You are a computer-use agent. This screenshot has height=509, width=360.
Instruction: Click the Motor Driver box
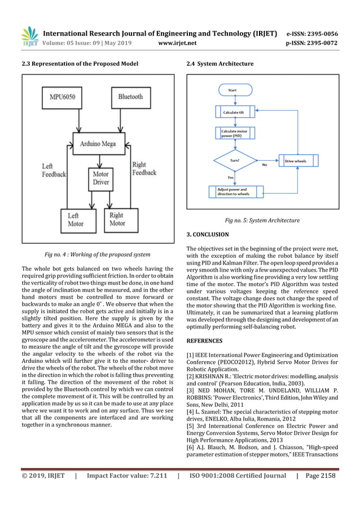pos(101,179)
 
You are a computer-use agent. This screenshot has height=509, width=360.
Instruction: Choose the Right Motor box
pos(117,219)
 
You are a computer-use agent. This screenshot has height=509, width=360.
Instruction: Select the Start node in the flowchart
pos(232,90)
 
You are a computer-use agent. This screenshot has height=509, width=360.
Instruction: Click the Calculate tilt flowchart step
pos(234,112)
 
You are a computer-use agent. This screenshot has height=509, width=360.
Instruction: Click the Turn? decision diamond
pos(235,161)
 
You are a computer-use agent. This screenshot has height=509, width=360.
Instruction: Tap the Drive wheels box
pos(296,161)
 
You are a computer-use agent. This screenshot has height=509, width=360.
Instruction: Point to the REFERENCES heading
pos(204,341)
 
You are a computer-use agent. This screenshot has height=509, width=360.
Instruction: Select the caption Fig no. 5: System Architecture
pos(262,220)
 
